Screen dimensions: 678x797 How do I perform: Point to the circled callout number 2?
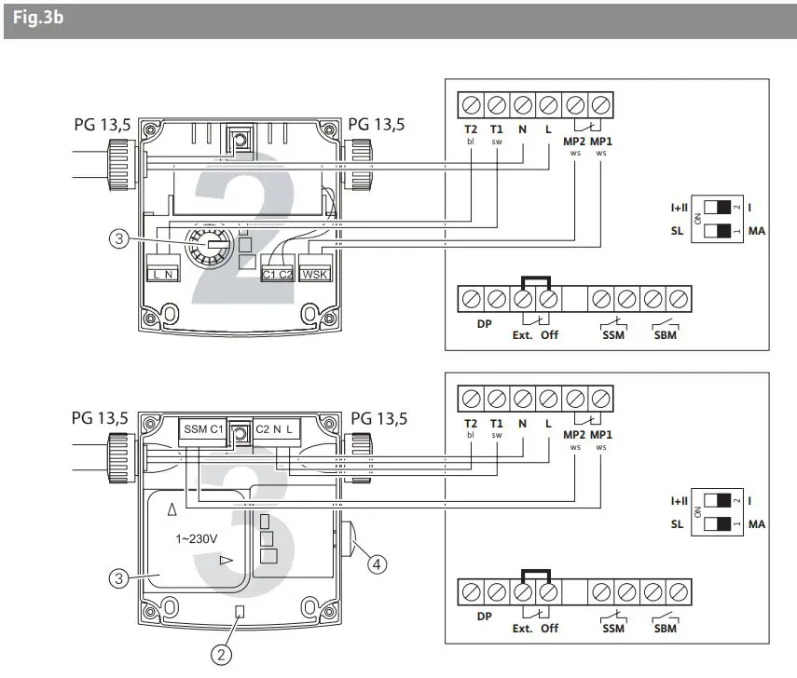(x=221, y=655)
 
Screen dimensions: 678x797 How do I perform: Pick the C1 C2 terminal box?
(x=277, y=274)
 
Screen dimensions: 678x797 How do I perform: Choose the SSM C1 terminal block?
(x=202, y=428)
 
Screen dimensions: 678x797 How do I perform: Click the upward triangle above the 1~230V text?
(x=171, y=509)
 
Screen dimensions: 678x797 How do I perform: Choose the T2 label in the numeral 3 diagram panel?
(x=471, y=423)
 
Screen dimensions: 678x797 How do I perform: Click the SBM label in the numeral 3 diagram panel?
(x=666, y=628)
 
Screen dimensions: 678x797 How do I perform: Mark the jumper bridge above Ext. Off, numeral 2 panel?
(x=535, y=280)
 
